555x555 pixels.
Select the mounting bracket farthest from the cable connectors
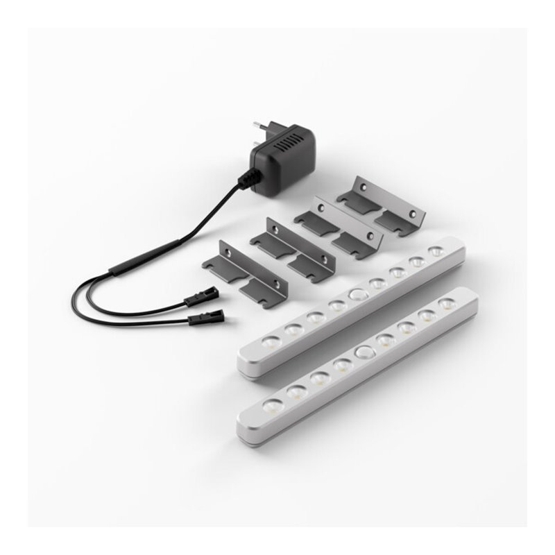click(x=381, y=206)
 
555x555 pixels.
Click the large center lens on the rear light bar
click(x=357, y=294)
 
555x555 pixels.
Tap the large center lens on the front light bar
click(x=362, y=353)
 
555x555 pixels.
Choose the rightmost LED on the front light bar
click(x=448, y=304)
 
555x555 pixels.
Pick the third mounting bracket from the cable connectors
click(x=338, y=228)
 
